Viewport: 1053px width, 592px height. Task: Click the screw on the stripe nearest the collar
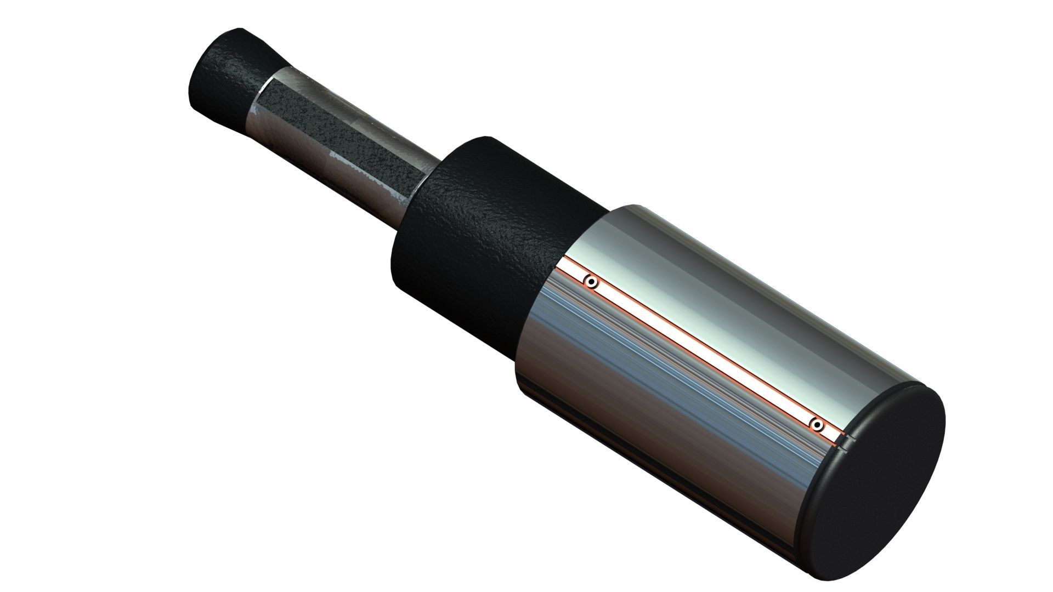(591, 283)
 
